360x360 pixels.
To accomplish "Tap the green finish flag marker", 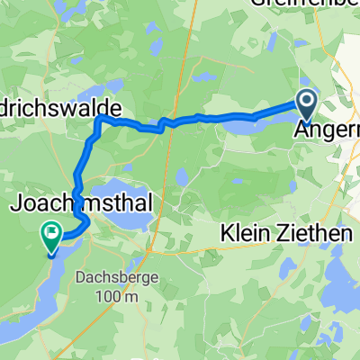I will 49,236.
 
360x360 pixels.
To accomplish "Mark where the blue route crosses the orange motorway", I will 162,125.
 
